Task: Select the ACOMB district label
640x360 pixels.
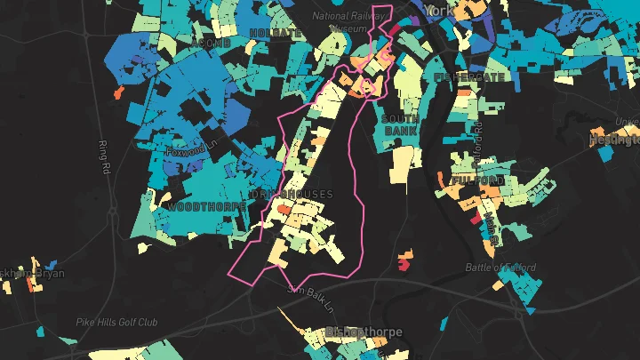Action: pyautogui.click(x=210, y=43)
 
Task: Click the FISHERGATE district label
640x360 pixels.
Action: pyautogui.click(x=468, y=77)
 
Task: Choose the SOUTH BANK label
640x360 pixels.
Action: pyautogui.click(x=400, y=124)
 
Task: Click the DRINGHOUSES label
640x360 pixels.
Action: pyautogui.click(x=292, y=194)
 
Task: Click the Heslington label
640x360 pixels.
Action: pyautogui.click(x=616, y=140)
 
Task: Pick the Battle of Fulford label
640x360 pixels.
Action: pyautogui.click(x=502, y=267)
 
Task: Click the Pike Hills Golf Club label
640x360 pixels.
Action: pyautogui.click(x=116, y=322)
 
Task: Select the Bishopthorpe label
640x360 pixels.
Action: pyautogui.click(x=364, y=332)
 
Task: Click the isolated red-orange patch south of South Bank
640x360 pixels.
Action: pyautogui.click(x=404, y=260)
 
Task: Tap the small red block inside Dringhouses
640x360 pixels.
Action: pyautogui.click(x=283, y=209)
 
